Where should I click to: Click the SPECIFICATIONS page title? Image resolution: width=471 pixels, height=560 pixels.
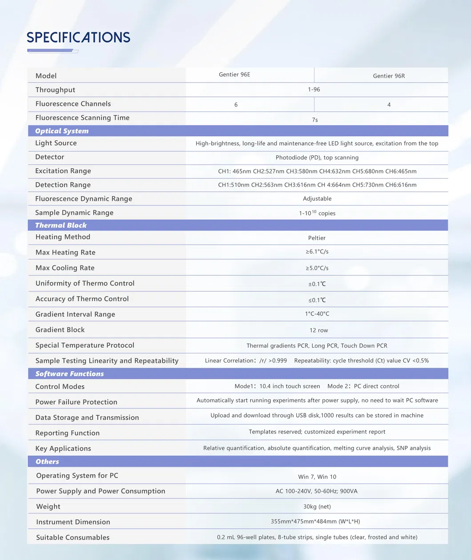point(78,37)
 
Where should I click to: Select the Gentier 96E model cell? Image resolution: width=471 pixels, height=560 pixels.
point(234,75)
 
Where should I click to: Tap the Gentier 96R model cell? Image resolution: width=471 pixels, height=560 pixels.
point(389,76)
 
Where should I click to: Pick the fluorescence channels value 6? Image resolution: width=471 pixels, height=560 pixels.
point(236,105)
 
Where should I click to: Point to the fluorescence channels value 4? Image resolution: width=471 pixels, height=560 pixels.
point(389,105)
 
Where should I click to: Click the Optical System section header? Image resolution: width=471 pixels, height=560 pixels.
point(62,131)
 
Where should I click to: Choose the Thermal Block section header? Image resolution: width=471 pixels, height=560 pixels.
point(61,225)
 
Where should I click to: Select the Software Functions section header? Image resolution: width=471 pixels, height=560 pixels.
point(69,374)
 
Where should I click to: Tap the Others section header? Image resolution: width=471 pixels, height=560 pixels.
point(47,461)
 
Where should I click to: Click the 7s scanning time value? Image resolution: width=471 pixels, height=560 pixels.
point(315,120)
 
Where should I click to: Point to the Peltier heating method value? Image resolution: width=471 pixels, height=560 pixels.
point(317,238)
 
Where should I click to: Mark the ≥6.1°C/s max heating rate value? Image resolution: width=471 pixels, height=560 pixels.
point(317,252)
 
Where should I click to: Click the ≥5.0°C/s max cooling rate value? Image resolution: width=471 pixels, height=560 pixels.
point(317,268)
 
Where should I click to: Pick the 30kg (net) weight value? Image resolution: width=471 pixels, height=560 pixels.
point(317,507)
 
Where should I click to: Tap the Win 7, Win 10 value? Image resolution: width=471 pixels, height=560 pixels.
point(317,477)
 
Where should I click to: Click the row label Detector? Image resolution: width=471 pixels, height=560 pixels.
point(50,157)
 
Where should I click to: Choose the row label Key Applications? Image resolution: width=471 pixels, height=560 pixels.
point(63,449)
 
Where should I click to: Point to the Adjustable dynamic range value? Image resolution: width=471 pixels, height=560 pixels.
point(317,199)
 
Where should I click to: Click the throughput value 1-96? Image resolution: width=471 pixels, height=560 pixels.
point(314,90)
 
